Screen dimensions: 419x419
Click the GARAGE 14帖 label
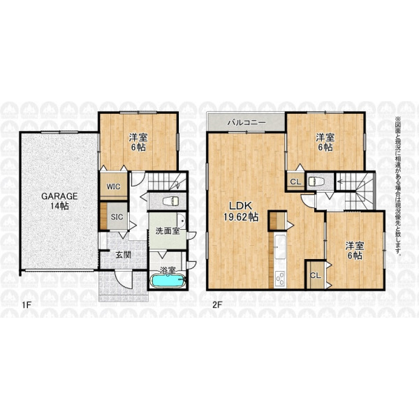(59, 201)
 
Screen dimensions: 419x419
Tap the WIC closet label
(114, 186)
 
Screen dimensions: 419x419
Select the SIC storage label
(117, 217)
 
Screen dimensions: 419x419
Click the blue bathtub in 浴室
(168, 281)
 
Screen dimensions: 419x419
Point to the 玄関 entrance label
(123, 255)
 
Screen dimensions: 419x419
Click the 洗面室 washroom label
(168, 231)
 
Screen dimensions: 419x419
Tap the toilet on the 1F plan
(171, 200)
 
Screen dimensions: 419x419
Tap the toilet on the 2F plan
(316, 182)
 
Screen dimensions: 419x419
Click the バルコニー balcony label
(247, 123)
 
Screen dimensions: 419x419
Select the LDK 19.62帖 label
(241, 212)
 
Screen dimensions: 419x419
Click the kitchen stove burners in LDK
(280, 279)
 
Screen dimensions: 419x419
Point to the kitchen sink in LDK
(280, 247)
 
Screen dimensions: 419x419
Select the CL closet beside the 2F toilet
(296, 182)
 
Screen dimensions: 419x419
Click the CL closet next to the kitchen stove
(316, 275)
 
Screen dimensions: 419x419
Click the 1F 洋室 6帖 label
(138, 142)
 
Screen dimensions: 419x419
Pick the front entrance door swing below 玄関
(124, 279)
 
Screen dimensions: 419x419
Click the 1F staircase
(167, 182)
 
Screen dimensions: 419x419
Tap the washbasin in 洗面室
(182, 221)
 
